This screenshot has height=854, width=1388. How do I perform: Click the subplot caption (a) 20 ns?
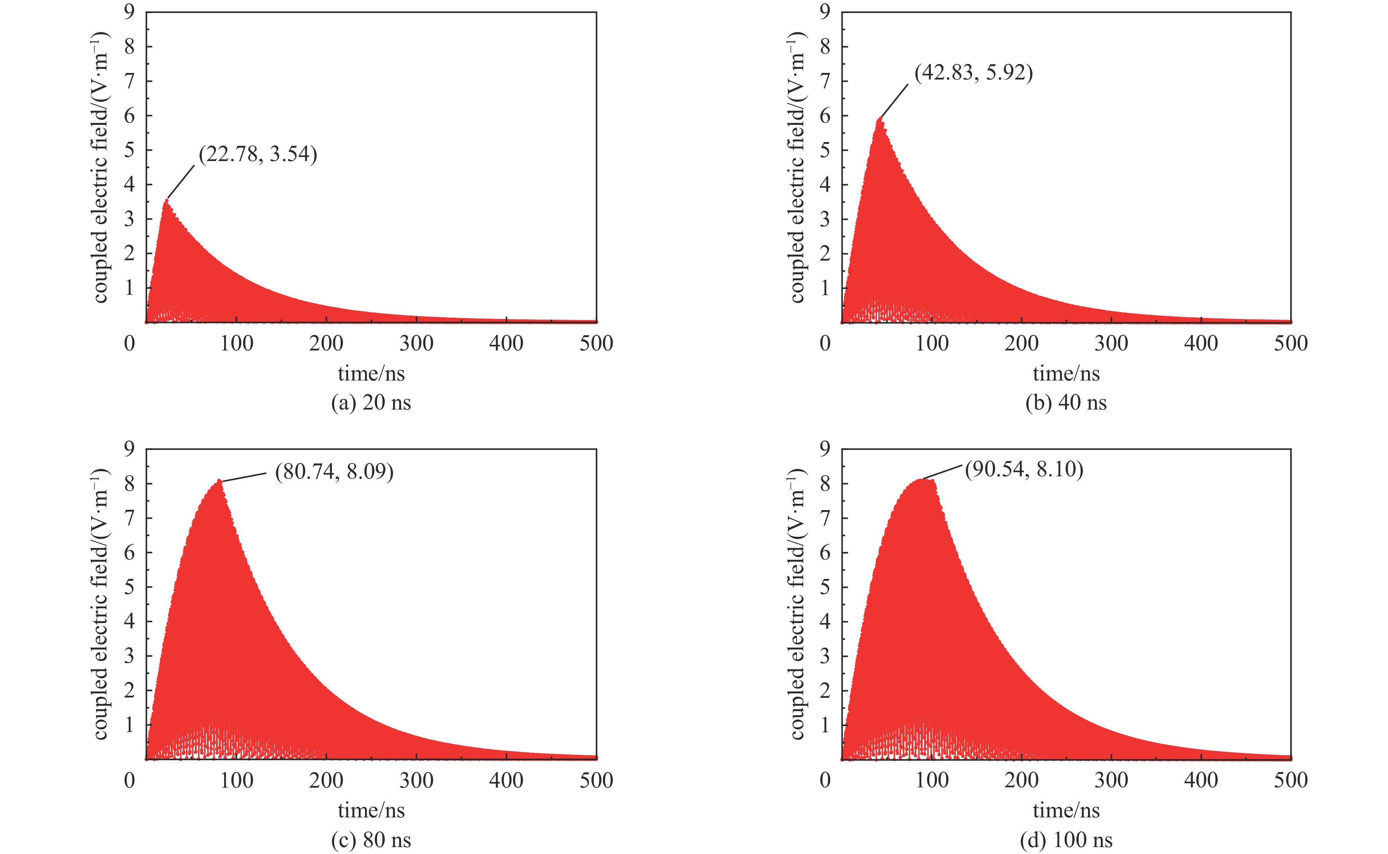tap(371, 403)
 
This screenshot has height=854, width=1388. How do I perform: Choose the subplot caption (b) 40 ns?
tap(1066, 403)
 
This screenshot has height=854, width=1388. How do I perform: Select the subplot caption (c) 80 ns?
tap(371, 840)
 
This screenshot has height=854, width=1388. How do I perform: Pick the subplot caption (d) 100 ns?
tap(1066, 840)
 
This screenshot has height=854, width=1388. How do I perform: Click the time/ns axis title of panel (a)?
tap(371, 373)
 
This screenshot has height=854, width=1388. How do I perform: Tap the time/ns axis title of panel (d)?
tap(1066, 810)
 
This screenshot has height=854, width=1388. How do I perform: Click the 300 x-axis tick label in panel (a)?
tap(416, 344)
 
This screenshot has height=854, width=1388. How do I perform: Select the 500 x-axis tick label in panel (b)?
tap(1290, 344)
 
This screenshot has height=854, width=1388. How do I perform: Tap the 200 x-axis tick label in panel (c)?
tap(326, 781)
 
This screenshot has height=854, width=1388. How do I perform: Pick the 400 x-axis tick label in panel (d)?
tap(1201, 781)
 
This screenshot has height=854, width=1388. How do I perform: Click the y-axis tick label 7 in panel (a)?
tap(130, 81)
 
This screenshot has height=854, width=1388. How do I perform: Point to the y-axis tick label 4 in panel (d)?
tap(825, 621)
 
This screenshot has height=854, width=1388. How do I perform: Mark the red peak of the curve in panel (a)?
tap(167, 200)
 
